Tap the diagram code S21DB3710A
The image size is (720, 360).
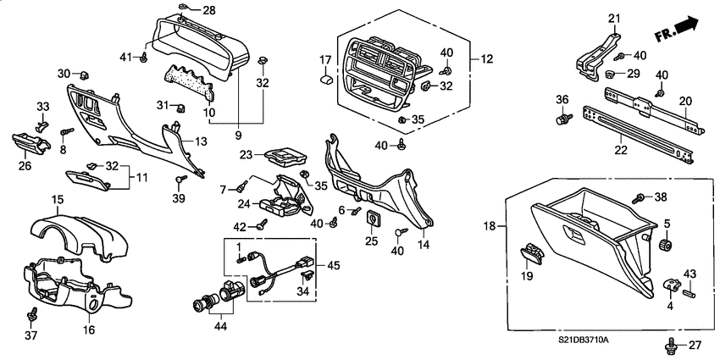coord(584,340)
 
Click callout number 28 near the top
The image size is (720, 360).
coord(208,10)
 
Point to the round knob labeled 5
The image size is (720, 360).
coord(666,246)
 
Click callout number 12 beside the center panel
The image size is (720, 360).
coord(487,59)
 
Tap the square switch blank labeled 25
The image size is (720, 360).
coord(372,223)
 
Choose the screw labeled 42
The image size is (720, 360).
coord(262,225)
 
